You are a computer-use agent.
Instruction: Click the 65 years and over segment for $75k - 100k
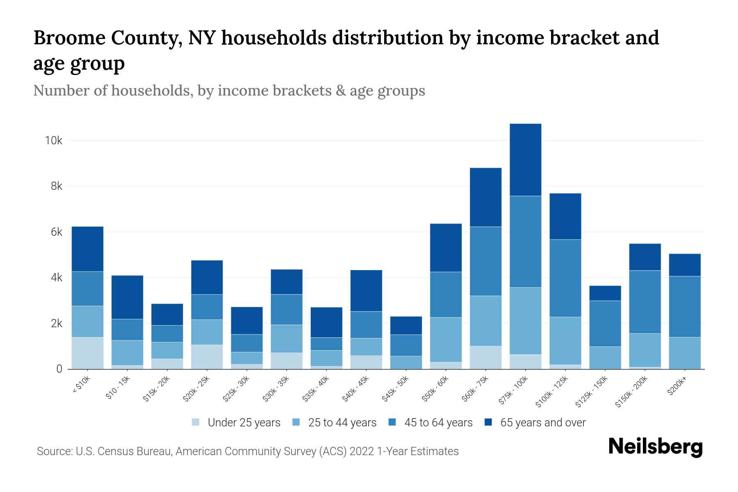pos(526,160)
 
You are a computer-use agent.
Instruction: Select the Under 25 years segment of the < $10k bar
pos(87,353)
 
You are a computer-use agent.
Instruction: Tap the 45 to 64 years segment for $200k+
pos(685,307)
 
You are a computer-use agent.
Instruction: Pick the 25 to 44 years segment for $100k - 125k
pos(565,341)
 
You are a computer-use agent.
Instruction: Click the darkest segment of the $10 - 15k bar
pos(127,297)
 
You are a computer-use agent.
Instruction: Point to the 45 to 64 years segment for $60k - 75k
pos(485,261)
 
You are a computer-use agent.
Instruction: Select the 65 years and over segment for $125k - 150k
pos(605,293)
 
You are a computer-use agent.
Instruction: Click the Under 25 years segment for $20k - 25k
pos(207,357)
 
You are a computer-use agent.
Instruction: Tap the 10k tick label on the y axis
pos(54,141)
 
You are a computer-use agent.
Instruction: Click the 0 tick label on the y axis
pos(59,369)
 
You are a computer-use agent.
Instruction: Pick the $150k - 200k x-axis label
pos(632,392)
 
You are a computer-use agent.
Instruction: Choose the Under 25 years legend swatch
pos(196,422)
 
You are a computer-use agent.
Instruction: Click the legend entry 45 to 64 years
pos(438,423)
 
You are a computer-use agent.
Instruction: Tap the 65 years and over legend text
pos(543,423)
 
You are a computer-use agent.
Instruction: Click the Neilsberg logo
pos(655,447)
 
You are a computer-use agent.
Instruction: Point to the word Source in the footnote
pos(54,451)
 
